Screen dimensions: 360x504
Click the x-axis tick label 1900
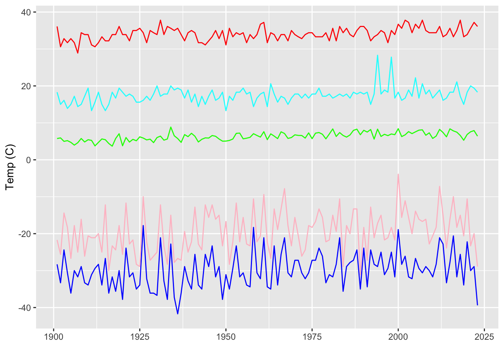click(x=54, y=337)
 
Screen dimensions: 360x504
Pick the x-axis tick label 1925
click(x=140, y=337)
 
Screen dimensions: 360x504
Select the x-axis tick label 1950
click(x=226, y=337)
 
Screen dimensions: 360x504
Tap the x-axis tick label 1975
click(x=312, y=337)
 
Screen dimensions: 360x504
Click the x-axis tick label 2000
click(x=398, y=337)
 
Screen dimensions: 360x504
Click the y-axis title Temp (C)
click(x=10, y=167)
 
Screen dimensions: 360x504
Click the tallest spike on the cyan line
click(x=378, y=55)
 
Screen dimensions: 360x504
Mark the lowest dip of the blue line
click(x=178, y=314)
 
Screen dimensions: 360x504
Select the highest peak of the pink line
click(x=398, y=174)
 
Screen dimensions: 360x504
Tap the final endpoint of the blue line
click(x=477, y=305)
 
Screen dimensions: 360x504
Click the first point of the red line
click(x=57, y=27)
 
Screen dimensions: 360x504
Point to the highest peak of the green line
click(x=171, y=127)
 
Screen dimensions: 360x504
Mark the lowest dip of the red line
click(x=78, y=53)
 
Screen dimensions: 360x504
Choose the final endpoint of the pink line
click(x=477, y=266)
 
